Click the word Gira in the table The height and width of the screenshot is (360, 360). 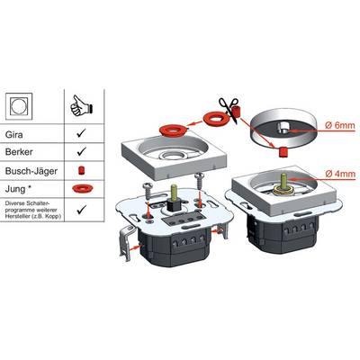point(13,134)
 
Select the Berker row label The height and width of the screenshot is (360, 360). point(19,151)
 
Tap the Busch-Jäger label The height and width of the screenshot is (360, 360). point(31,171)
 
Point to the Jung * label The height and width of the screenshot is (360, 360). point(20,189)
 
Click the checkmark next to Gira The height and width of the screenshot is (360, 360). point(81,133)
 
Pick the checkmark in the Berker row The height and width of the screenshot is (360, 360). point(81,151)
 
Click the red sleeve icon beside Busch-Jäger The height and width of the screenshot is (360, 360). point(81,171)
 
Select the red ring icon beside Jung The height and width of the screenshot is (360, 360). point(83,189)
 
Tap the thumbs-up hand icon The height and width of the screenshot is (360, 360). point(81,105)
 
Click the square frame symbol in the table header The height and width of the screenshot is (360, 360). point(19,106)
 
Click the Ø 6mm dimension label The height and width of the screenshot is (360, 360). point(340,125)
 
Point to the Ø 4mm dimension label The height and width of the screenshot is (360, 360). point(340,174)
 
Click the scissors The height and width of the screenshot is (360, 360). point(228,109)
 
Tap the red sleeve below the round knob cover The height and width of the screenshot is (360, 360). point(283,152)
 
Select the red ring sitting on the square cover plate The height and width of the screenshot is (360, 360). point(173,130)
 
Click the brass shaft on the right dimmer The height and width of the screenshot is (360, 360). point(283,182)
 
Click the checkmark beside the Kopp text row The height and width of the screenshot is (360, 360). point(81,210)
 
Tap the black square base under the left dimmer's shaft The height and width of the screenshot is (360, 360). point(174,204)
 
